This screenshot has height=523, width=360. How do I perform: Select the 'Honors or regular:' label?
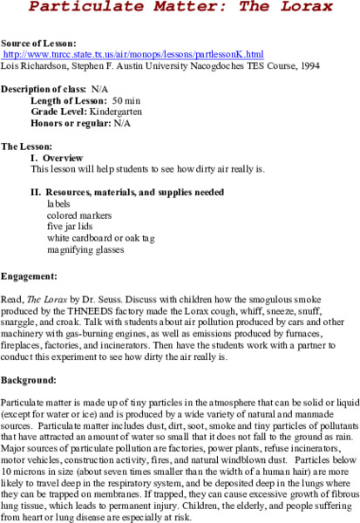(x=71, y=125)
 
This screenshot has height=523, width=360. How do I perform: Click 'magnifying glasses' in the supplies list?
(x=85, y=248)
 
